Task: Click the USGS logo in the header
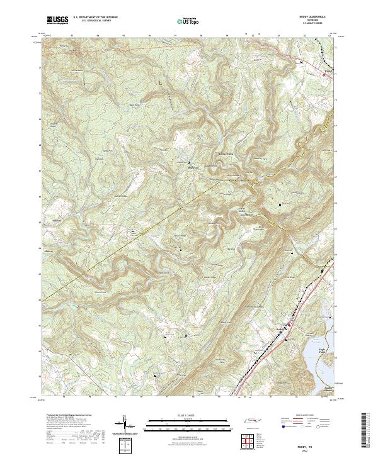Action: (57, 20)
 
